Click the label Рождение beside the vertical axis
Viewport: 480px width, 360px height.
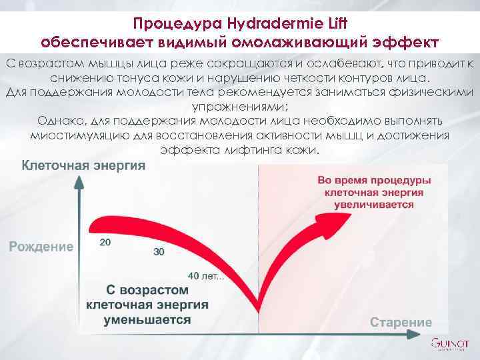[41, 247]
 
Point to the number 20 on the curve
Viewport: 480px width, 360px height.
[105, 242]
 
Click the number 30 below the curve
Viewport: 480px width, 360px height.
[159, 252]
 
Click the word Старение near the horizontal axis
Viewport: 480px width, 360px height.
[401, 322]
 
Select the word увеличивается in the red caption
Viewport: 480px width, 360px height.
[374, 205]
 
